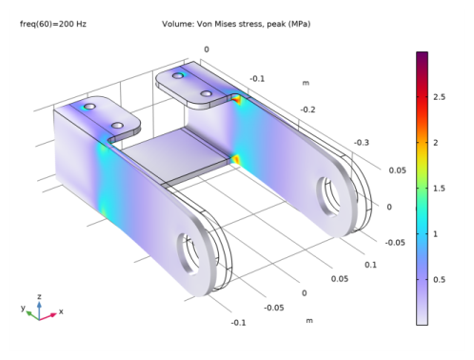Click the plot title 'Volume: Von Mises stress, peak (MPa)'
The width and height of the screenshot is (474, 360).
tap(236, 24)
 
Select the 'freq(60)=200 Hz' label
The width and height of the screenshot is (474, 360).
tap(53, 24)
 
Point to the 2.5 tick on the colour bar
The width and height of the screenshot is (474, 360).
tap(439, 97)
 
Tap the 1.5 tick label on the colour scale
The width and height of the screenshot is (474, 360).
tap(439, 189)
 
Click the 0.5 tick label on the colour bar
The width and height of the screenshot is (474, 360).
tap(439, 280)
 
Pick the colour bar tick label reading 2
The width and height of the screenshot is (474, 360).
tap(436, 143)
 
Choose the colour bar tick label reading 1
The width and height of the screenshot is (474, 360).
tap(435, 234)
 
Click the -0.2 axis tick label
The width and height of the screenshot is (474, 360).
tap(307, 110)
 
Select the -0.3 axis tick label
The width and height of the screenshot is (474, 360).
tap(362, 143)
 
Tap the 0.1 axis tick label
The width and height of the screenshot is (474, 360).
tap(370, 265)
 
